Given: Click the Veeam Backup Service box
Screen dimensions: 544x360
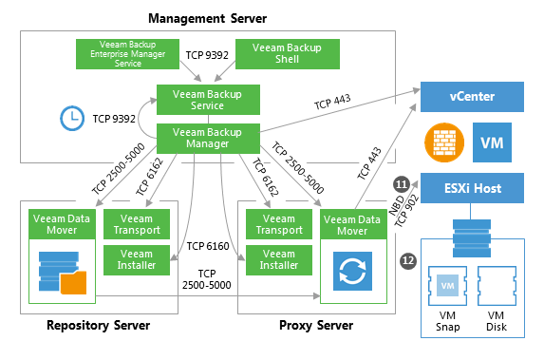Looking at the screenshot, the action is click(x=208, y=100).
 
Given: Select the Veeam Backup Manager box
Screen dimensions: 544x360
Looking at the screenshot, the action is click(x=208, y=138).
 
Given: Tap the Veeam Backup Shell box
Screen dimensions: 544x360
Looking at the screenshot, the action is click(x=288, y=54).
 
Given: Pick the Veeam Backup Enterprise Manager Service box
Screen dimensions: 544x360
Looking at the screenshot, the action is click(x=127, y=54).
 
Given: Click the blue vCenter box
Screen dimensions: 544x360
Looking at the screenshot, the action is click(x=472, y=97).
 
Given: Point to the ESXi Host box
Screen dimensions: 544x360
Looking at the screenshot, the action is click(x=472, y=188).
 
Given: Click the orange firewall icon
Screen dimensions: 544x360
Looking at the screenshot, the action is click(x=444, y=142).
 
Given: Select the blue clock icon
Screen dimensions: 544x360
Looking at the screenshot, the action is click(x=72, y=119).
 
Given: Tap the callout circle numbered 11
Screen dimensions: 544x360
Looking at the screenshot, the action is click(x=402, y=184).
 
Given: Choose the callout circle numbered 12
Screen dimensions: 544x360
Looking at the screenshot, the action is click(x=408, y=260).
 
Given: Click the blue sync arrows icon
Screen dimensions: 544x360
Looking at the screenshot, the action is click(x=352, y=271).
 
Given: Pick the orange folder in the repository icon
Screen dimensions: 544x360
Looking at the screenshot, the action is click(x=73, y=282).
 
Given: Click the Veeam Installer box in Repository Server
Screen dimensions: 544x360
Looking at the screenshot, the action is click(x=137, y=260).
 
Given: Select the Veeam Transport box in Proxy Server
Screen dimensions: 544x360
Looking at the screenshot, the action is click(x=279, y=224).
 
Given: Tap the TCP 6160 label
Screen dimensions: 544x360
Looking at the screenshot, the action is click(x=208, y=246).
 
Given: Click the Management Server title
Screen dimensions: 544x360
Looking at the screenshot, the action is click(x=208, y=18).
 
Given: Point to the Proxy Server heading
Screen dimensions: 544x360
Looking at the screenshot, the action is click(x=316, y=326).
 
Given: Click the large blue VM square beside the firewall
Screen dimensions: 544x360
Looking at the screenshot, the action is click(x=492, y=142).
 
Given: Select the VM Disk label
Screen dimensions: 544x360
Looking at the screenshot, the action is click(x=497, y=321).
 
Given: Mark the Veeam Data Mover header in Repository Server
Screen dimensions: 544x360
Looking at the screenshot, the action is click(x=62, y=224).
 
